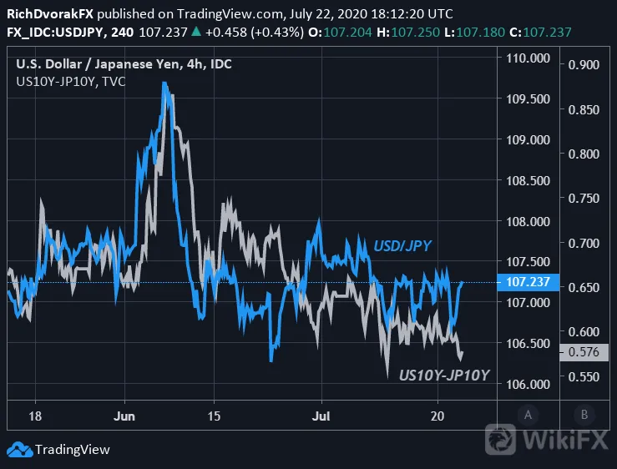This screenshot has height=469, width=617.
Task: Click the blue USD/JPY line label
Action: coord(402,246)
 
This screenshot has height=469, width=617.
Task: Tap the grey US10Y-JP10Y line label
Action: coord(444,376)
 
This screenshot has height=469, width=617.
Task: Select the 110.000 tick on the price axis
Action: coord(528,58)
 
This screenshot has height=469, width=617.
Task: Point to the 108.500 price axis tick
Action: coord(528,181)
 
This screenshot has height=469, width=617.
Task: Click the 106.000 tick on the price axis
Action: coord(528,385)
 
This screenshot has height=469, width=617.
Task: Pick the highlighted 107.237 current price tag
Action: coord(528,282)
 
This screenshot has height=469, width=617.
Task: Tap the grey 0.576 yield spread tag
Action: coord(584,352)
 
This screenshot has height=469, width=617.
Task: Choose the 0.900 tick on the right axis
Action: coord(584,64)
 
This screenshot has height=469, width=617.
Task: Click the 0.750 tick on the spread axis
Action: coord(584,199)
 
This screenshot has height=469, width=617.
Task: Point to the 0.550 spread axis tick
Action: coord(584,377)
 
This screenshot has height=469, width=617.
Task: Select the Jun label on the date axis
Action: coord(124,416)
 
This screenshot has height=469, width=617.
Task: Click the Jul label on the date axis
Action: coord(321,416)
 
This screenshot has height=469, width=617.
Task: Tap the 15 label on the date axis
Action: coord(214,416)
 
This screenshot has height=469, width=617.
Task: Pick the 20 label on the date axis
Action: coord(437,416)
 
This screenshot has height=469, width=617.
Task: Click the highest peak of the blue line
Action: coord(164,83)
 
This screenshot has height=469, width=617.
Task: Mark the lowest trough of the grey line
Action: coord(387,377)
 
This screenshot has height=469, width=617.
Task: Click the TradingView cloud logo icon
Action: coord(20,450)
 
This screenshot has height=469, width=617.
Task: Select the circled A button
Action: coord(528,415)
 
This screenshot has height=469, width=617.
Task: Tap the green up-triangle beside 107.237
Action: coord(196,32)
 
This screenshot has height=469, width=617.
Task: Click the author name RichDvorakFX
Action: coord(50,14)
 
